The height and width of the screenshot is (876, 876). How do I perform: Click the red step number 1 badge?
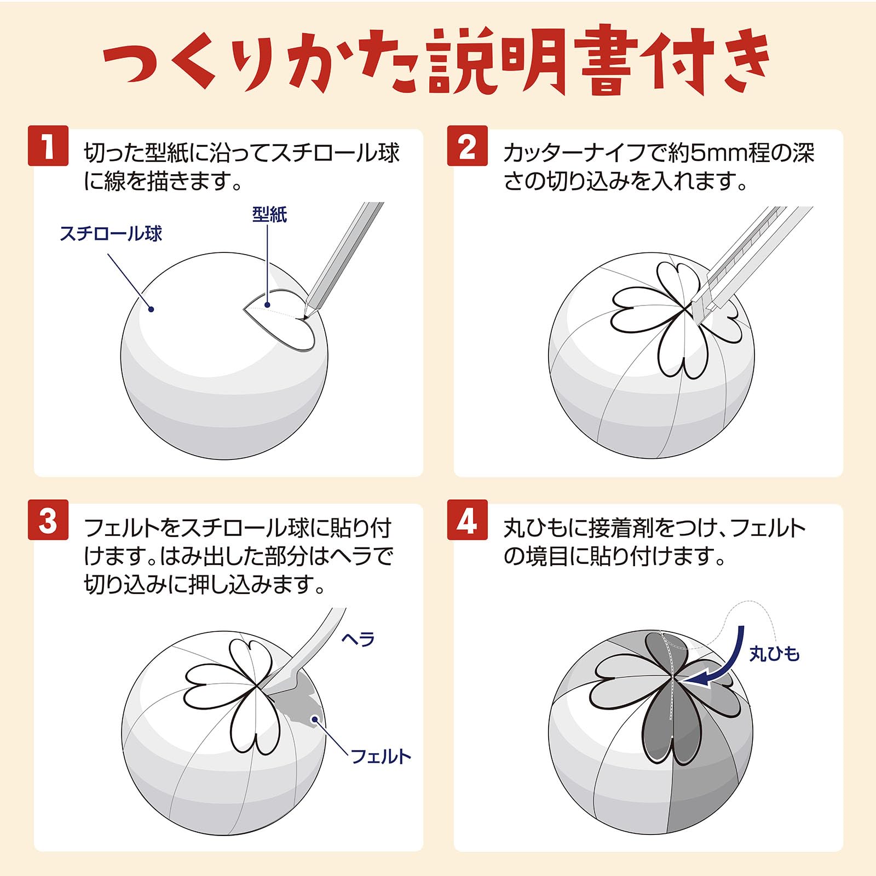[48, 146]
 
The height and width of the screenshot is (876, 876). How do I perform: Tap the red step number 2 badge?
[467, 146]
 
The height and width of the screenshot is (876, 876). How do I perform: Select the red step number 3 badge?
[48, 520]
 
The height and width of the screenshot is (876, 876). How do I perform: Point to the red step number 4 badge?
[467, 520]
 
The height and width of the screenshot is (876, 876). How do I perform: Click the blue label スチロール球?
[111, 234]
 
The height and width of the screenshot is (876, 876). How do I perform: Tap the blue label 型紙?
[269, 214]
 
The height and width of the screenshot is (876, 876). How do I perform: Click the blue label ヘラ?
[358, 639]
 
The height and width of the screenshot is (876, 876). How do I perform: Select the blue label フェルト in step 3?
[381, 756]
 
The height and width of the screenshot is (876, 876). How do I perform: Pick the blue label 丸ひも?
[774, 653]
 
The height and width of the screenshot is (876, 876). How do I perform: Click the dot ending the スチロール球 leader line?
[152, 309]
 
